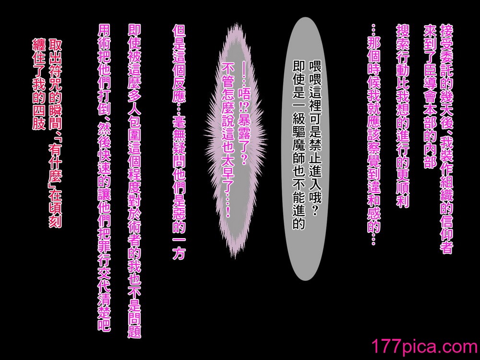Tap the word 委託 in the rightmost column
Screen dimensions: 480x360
[x=446, y=64]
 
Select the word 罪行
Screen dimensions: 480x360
[x=104, y=257]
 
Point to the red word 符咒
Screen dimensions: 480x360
[x=55, y=83]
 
